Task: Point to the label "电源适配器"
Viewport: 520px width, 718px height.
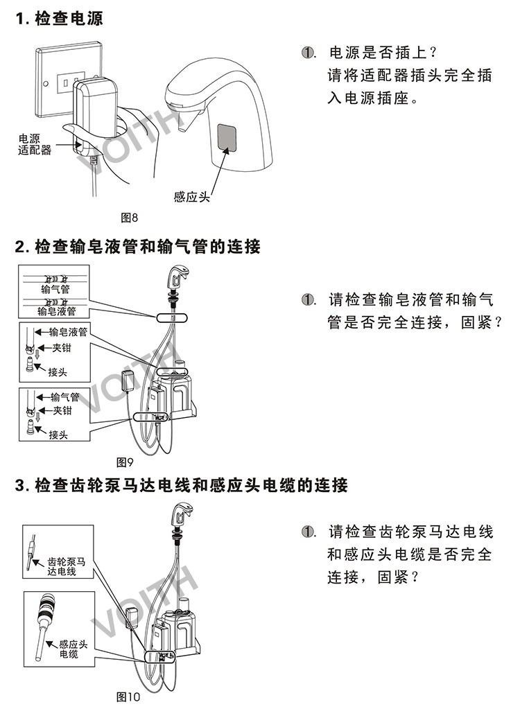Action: (35, 143)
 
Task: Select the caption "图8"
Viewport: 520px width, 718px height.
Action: (130, 218)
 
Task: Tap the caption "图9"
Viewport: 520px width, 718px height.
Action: (125, 461)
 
